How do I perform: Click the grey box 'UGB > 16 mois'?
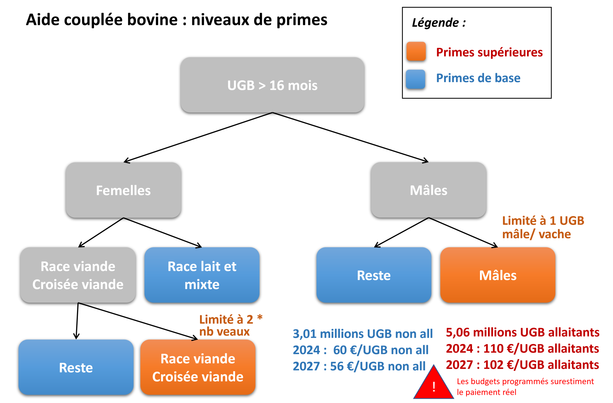[x=272, y=85]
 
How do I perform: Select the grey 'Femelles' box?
[x=123, y=190]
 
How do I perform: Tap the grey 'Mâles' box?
[x=428, y=190]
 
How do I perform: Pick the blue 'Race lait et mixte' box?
[x=202, y=275]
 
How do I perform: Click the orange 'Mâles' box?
[x=498, y=275]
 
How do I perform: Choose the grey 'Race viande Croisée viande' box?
[x=78, y=275]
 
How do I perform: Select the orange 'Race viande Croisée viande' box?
[x=198, y=367]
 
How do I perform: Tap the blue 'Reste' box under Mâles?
[x=374, y=275]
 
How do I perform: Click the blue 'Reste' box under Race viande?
[x=76, y=367]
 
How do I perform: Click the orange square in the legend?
[x=416, y=52]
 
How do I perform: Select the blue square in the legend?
[x=415, y=79]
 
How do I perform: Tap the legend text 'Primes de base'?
[x=478, y=78]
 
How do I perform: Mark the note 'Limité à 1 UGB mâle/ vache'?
[x=543, y=227]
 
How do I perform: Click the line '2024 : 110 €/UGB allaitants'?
[x=522, y=348]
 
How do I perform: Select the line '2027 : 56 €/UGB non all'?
[x=359, y=366]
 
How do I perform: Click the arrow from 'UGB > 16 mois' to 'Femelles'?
[x=198, y=138]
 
